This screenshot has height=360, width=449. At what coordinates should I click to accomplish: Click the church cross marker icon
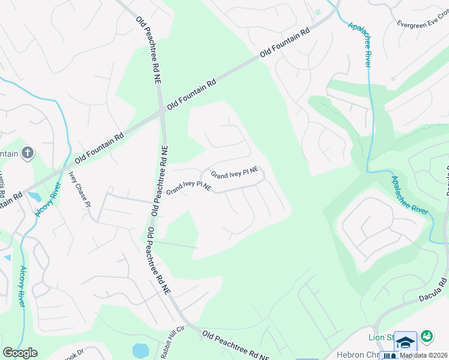click(27, 153)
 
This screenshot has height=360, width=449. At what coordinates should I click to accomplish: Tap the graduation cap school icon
click(406, 343)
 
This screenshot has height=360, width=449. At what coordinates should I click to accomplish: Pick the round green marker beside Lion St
click(427, 337)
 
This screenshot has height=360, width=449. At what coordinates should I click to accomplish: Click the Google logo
click(20, 353)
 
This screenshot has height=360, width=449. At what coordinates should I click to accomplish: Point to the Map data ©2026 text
click(424, 355)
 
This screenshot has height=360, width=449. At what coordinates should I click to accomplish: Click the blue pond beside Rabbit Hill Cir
click(140, 350)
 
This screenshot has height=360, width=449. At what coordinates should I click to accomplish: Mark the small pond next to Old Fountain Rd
click(34, 196)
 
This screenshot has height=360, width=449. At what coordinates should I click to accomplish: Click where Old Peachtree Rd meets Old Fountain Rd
click(162, 111)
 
